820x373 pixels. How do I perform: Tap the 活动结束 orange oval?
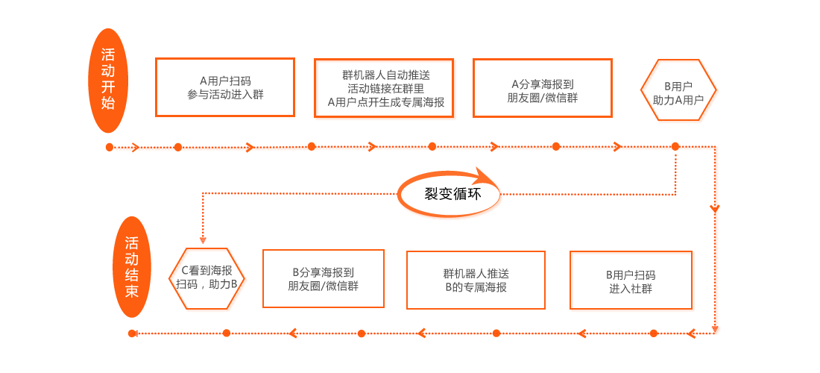click(x=132, y=266)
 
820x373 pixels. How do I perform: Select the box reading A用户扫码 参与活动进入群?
click(x=225, y=87)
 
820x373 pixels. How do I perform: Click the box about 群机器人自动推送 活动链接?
click(x=385, y=89)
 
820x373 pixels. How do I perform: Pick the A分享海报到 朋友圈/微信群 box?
click(x=543, y=88)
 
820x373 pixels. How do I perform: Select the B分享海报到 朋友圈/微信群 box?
click(x=324, y=279)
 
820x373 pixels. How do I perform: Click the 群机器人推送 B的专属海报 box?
click(x=476, y=280)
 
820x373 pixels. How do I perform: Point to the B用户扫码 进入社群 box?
click(x=632, y=280)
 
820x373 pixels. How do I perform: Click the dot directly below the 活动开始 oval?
click(x=110, y=146)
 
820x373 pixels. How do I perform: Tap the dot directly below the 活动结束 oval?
click(x=133, y=333)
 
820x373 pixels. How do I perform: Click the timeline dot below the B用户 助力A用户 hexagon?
click(x=675, y=146)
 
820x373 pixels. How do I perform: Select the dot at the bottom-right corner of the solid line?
click(x=716, y=332)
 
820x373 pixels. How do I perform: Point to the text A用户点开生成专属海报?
click(x=385, y=102)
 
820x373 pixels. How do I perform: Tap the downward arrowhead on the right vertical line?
click(x=716, y=208)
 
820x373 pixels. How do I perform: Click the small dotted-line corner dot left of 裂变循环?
click(x=203, y=193)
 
